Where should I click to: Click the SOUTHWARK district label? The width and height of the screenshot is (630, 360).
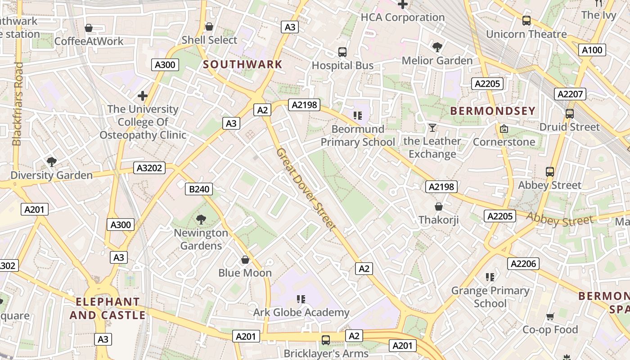(243, 64)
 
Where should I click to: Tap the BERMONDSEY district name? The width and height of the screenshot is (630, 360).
(493, 111)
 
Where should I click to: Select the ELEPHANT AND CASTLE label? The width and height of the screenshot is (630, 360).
(108, 308)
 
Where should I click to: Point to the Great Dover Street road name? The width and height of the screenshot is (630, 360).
(306, 190)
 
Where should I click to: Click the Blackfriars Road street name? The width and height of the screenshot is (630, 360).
(17, 103)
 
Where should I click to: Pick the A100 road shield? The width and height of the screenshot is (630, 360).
(592, 50)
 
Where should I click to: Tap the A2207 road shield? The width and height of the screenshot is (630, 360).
(571, 94)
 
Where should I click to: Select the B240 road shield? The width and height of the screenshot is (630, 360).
(199, 189)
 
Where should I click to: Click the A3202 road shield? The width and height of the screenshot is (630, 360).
(150, 168)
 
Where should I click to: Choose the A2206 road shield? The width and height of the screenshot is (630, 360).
(523, 264)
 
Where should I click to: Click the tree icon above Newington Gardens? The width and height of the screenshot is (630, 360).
(201, 220)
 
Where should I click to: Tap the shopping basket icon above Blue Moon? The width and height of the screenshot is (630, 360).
(245, 260)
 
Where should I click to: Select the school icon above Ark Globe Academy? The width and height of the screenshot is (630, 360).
(301, 299)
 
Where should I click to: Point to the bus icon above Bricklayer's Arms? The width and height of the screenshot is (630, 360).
(325, 340)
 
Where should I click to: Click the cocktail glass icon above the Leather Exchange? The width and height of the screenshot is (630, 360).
(432, 128)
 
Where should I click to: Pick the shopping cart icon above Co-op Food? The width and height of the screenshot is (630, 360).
(550, 316)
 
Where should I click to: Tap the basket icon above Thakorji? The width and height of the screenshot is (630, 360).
(438, 207)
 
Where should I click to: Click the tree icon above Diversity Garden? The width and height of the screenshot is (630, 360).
(51, 162)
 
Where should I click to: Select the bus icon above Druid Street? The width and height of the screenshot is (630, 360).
(569, 114)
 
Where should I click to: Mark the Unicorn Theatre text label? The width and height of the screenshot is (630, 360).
(526, 34)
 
